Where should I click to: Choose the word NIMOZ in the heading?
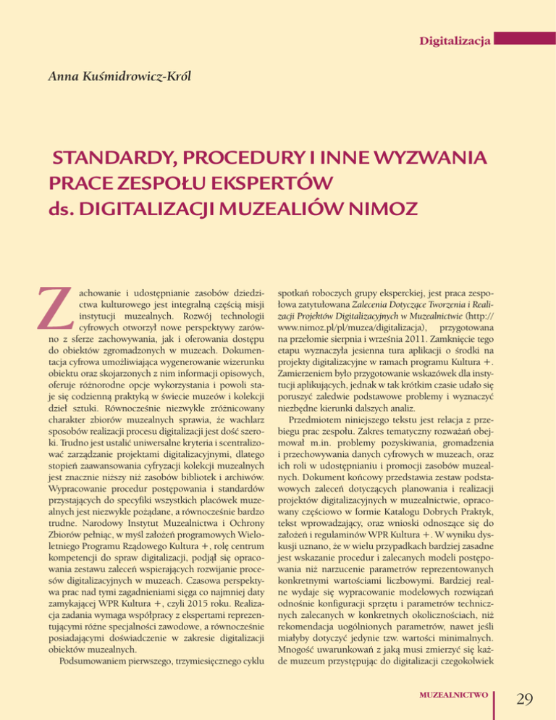click(380, 208)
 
